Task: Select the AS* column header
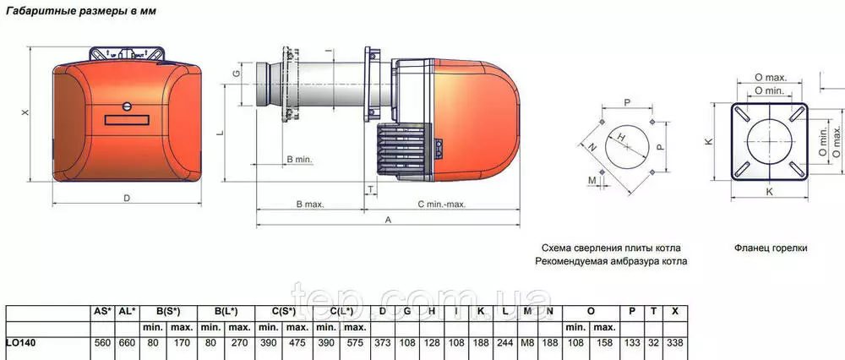tap(102, 311)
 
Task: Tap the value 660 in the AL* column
tap(127, 343)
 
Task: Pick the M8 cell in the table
tap(528, 343)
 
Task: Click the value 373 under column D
tap(382, 343)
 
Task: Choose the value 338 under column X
tap(674, 343)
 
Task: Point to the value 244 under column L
tap(505, 343)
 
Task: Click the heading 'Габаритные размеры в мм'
tap(81, 11)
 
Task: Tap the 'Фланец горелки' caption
tap(771, 248)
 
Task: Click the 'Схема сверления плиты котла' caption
tap(611, 248)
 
